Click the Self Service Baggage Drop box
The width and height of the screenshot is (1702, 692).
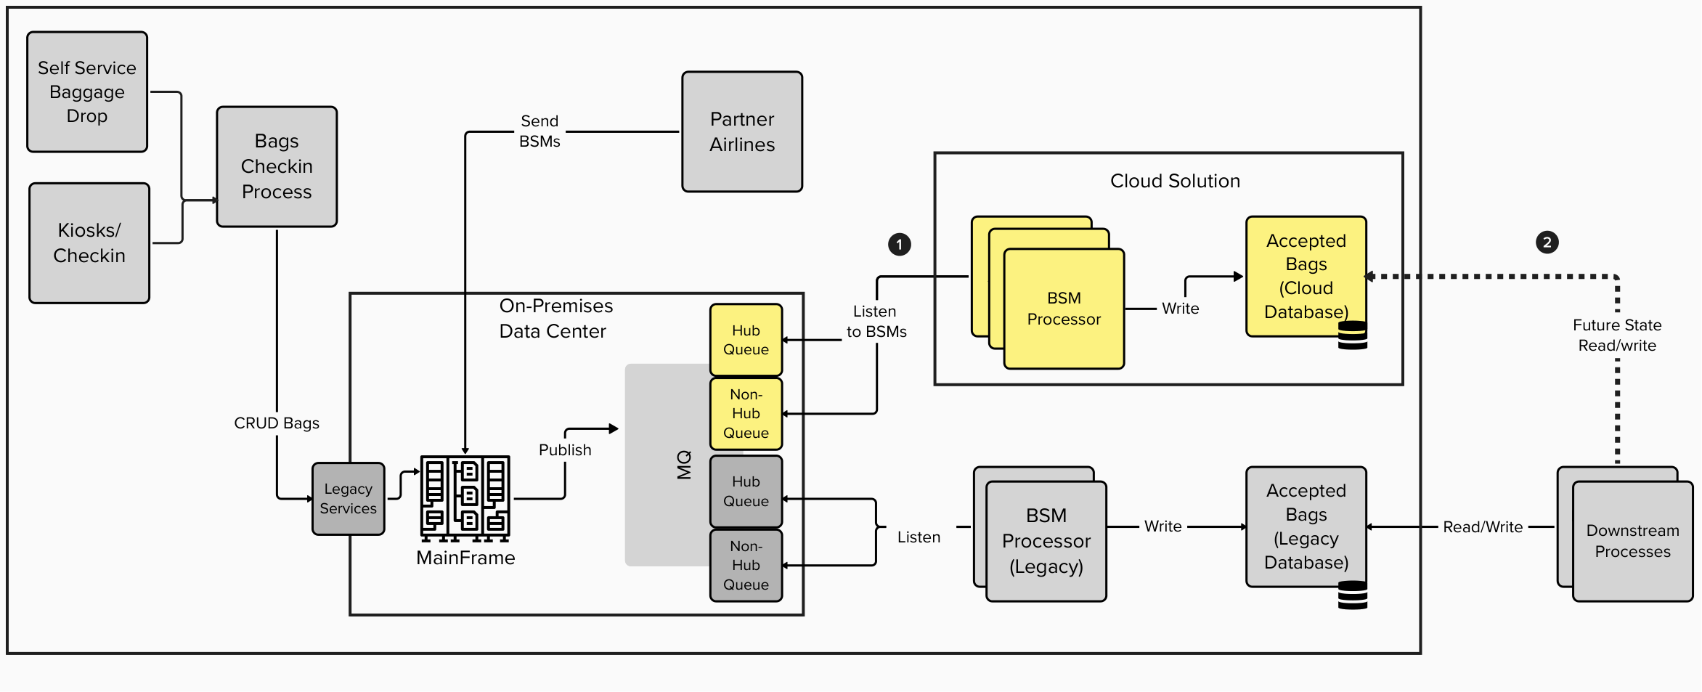87,91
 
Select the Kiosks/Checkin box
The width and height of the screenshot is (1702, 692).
89,243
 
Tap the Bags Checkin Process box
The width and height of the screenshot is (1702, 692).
277,166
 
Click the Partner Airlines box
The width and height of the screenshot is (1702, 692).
742,131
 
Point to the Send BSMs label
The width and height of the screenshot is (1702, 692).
539,131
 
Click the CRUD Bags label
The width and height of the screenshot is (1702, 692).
277,423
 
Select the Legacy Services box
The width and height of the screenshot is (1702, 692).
349,499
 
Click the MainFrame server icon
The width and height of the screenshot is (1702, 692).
465,498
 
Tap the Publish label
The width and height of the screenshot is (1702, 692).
565,450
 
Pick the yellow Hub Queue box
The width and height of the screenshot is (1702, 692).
746,340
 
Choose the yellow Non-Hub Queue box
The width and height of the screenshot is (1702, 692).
746,414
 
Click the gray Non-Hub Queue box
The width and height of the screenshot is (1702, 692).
746,566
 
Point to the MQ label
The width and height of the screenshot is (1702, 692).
684,465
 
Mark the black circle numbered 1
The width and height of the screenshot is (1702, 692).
900,244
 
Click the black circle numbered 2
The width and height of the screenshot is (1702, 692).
1547,243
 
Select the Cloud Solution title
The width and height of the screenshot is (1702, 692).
1175,181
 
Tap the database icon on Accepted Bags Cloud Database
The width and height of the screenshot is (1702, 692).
1353,335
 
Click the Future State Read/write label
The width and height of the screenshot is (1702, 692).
1617,335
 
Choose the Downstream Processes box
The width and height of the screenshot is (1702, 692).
1632,541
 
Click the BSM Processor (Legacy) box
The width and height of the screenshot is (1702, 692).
1046,541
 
